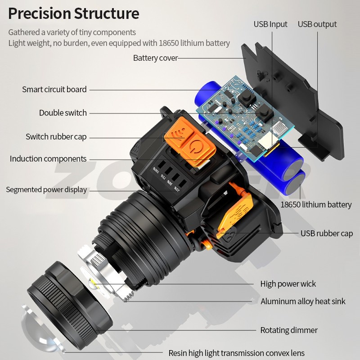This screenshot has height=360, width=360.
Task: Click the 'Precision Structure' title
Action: coord(73,13)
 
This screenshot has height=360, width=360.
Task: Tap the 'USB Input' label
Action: coord(270,24)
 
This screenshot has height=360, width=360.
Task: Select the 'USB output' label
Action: coord(317,24)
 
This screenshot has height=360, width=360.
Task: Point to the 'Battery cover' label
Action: coord(155,58)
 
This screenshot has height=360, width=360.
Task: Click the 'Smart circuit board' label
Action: coord(54,89)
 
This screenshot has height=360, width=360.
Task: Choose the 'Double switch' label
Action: coord(63,113)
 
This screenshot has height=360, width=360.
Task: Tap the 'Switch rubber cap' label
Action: coord(56,136)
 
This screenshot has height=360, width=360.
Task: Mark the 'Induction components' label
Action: coord(48,159)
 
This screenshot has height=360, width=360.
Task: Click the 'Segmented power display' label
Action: coord(46,189)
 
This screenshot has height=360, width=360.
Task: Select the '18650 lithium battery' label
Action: coord(316,205)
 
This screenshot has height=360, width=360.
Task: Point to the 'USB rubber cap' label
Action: coord(327,233)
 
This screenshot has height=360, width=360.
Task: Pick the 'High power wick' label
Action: coord(288,283)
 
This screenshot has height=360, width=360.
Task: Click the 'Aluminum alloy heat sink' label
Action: coord(303,301)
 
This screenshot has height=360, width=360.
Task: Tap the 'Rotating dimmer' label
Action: coord(288,330)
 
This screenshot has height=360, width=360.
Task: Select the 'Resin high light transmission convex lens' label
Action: coord(236,353)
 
